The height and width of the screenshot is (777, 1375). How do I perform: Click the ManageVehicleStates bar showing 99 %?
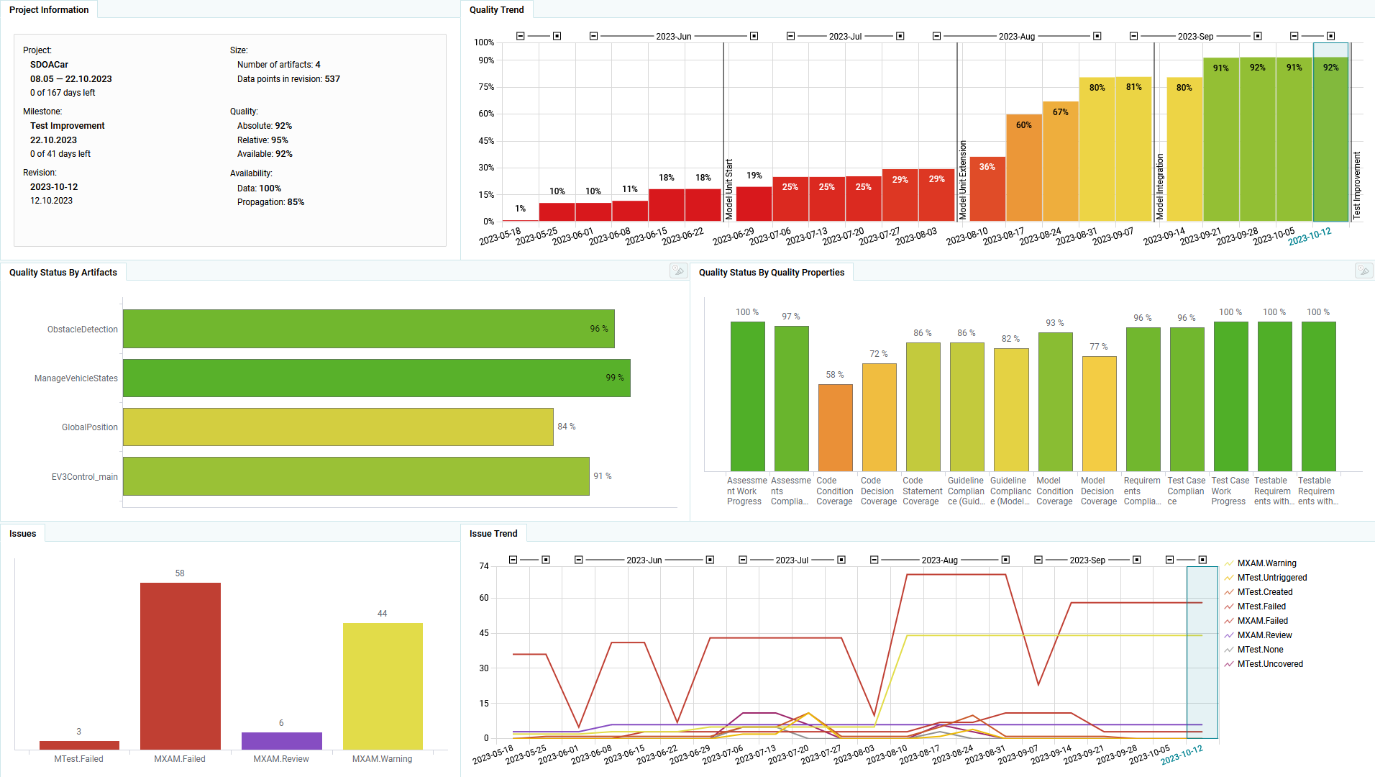[376, 378]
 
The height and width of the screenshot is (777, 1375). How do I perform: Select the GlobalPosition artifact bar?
[338, 427]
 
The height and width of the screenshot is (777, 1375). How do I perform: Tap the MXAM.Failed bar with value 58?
[180, 665]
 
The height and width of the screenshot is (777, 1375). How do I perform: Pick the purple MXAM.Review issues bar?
[281, 740]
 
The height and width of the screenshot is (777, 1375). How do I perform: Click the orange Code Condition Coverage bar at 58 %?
[835, 427]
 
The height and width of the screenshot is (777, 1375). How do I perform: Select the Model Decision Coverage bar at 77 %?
[1099, 414]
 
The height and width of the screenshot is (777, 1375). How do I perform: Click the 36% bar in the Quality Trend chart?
[987, 188]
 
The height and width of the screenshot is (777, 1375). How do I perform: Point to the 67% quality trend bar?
[1061, 161]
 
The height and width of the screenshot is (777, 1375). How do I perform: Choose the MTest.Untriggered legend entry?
[1271, 578]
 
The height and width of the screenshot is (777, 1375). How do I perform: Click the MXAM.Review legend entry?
[1264, 635]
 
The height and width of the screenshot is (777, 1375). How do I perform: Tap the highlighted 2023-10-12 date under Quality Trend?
[1310, 237]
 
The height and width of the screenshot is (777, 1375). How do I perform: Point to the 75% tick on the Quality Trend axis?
[487, 87]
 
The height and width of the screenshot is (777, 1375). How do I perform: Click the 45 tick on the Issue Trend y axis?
[484, 633]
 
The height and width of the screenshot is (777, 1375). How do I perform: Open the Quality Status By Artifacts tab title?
[63, 273]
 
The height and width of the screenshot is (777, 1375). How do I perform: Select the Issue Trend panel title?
[493, 534]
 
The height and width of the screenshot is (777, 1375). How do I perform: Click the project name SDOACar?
[50, 65]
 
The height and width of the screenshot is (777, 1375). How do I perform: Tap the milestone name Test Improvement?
[68, 126]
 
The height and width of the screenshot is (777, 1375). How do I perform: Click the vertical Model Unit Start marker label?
[729, 188]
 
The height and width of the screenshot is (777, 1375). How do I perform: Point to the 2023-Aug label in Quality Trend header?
[1016, 37]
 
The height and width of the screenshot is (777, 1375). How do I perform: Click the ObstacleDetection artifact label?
[82, 330]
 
